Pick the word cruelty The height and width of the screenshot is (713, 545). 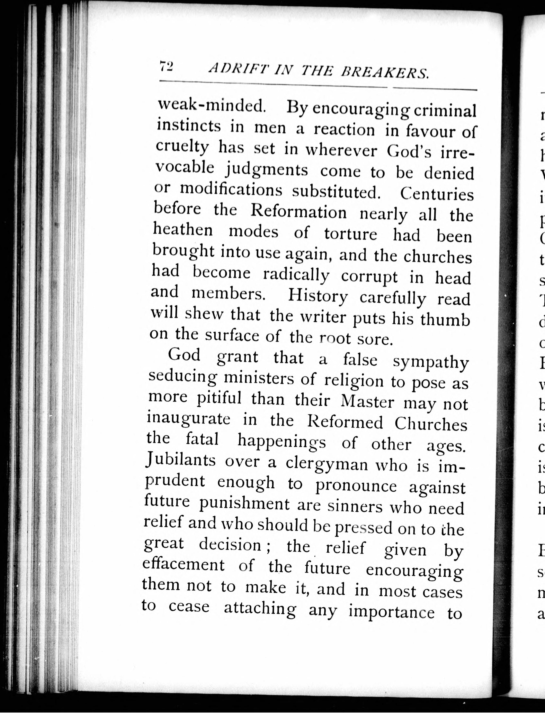182,147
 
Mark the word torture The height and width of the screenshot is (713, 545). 351,234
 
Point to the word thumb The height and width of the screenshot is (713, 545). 445,320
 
